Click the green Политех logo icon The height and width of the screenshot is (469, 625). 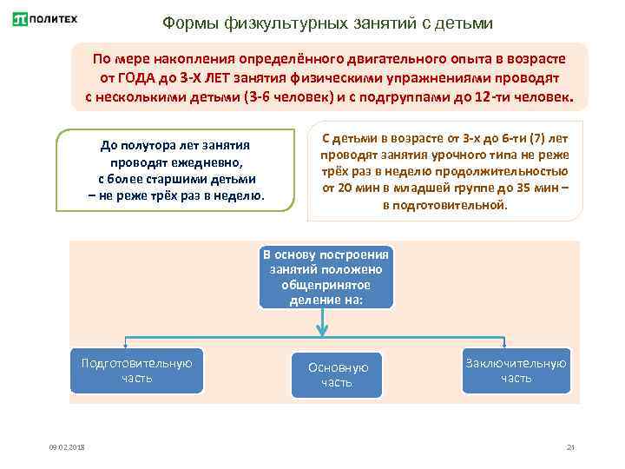pyautogui.click(x=21, y=19)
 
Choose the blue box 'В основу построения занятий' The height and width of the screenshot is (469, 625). pyautogui.click(x=326, y=277)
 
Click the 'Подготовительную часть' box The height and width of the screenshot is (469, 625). pyautogui.click(x=137, y=370)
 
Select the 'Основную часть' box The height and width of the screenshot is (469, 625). pyautogui.click(x=337, y=375)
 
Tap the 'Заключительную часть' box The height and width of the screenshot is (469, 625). pyautogui.click(x=516, y=370)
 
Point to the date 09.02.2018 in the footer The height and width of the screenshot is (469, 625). pyautogui.click(x=68, y=447)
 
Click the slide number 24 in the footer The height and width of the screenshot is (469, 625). pyautogui.click(x=570, y=447)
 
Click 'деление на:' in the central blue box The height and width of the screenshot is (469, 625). pyautogui.click(x=326, y=300)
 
